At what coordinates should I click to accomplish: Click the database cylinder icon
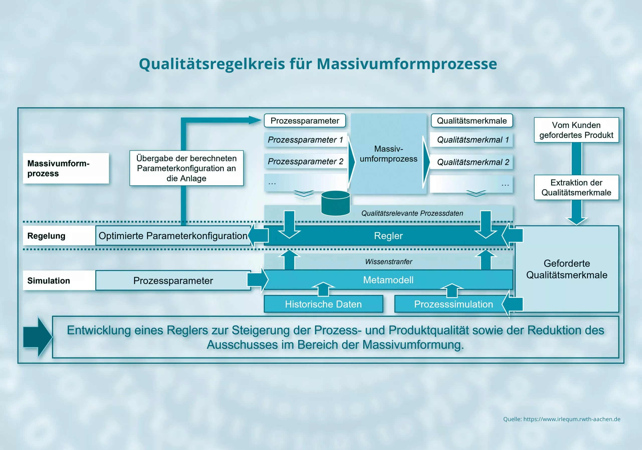coord(336,203)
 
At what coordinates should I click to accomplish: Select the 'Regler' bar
coord(388,236)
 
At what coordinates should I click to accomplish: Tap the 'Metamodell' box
coord(388,280)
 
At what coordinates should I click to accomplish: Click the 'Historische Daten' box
coord(324,304)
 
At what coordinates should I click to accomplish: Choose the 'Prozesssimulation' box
coord(453,304)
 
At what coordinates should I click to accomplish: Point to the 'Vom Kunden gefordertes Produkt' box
coord(576,130)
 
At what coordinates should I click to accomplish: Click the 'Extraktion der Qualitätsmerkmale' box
coord(576,187)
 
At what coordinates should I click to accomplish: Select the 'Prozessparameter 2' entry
coord(306,161)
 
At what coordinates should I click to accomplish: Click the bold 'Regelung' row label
coord(46,236)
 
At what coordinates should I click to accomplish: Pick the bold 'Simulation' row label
coord(49,280)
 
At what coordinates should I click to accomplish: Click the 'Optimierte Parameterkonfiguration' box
coord(173,236)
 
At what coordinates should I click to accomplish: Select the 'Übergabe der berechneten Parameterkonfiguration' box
coord(187,168)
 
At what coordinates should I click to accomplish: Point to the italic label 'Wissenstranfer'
coord(388,262)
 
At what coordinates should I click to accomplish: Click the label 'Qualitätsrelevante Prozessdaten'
coord(412,213)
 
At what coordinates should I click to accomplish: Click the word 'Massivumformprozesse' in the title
coord(407,64)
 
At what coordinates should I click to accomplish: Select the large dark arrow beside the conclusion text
coord(38,337)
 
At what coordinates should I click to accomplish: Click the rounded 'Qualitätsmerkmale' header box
coord(472,121)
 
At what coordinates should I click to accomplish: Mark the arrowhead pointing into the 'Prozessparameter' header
coord(255,120)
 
